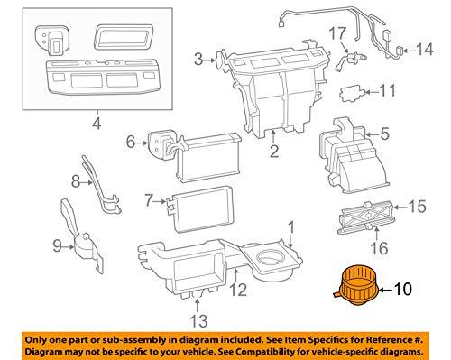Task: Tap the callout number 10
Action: point(403,290)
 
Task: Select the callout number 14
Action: point(425,50)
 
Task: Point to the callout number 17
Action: point(338,33)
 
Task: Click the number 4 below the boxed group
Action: point(97,124)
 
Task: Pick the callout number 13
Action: point(199,320)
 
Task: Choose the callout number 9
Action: point(57,246)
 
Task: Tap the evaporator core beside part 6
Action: point(207,158)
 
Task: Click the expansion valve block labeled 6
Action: point(161,144)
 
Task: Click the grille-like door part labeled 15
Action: point(365,217)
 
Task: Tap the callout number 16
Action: point(379,248)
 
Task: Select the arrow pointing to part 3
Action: point(209,60)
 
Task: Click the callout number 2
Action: point(274,151)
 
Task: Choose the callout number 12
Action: point(238,290)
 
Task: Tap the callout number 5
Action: point(384,134)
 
